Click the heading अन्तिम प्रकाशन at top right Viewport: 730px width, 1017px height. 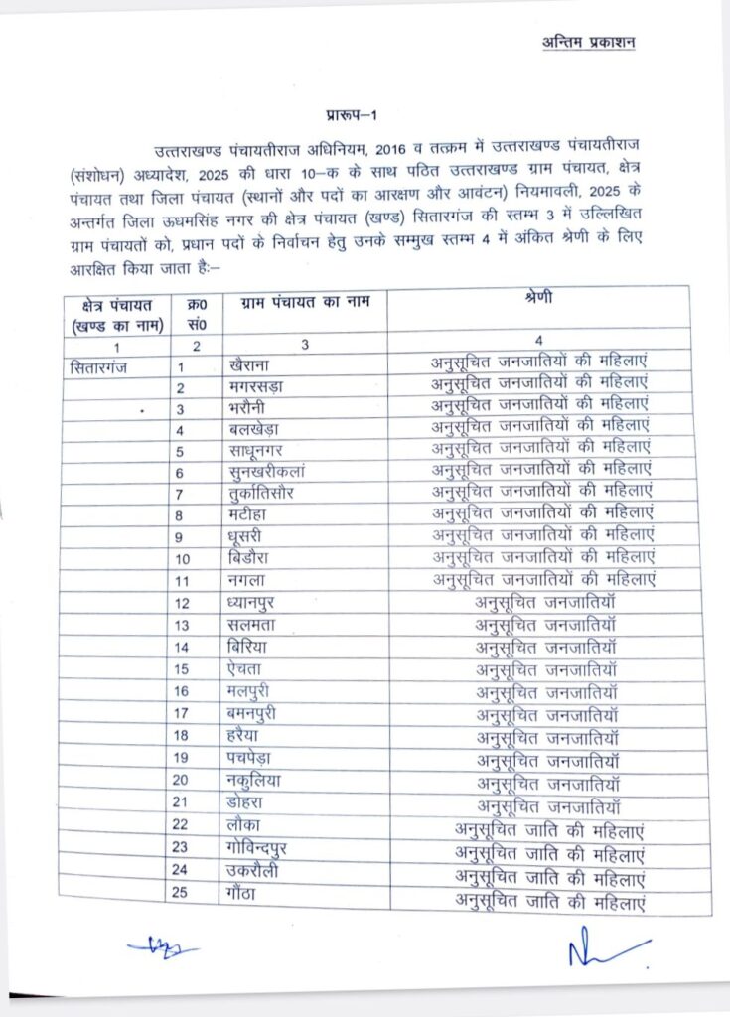(x=587, y=43)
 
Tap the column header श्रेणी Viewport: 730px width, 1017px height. (x=538, y=299)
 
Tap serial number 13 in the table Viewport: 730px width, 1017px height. (x=181, y=625)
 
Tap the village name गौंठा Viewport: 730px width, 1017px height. (x=242, y=892)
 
